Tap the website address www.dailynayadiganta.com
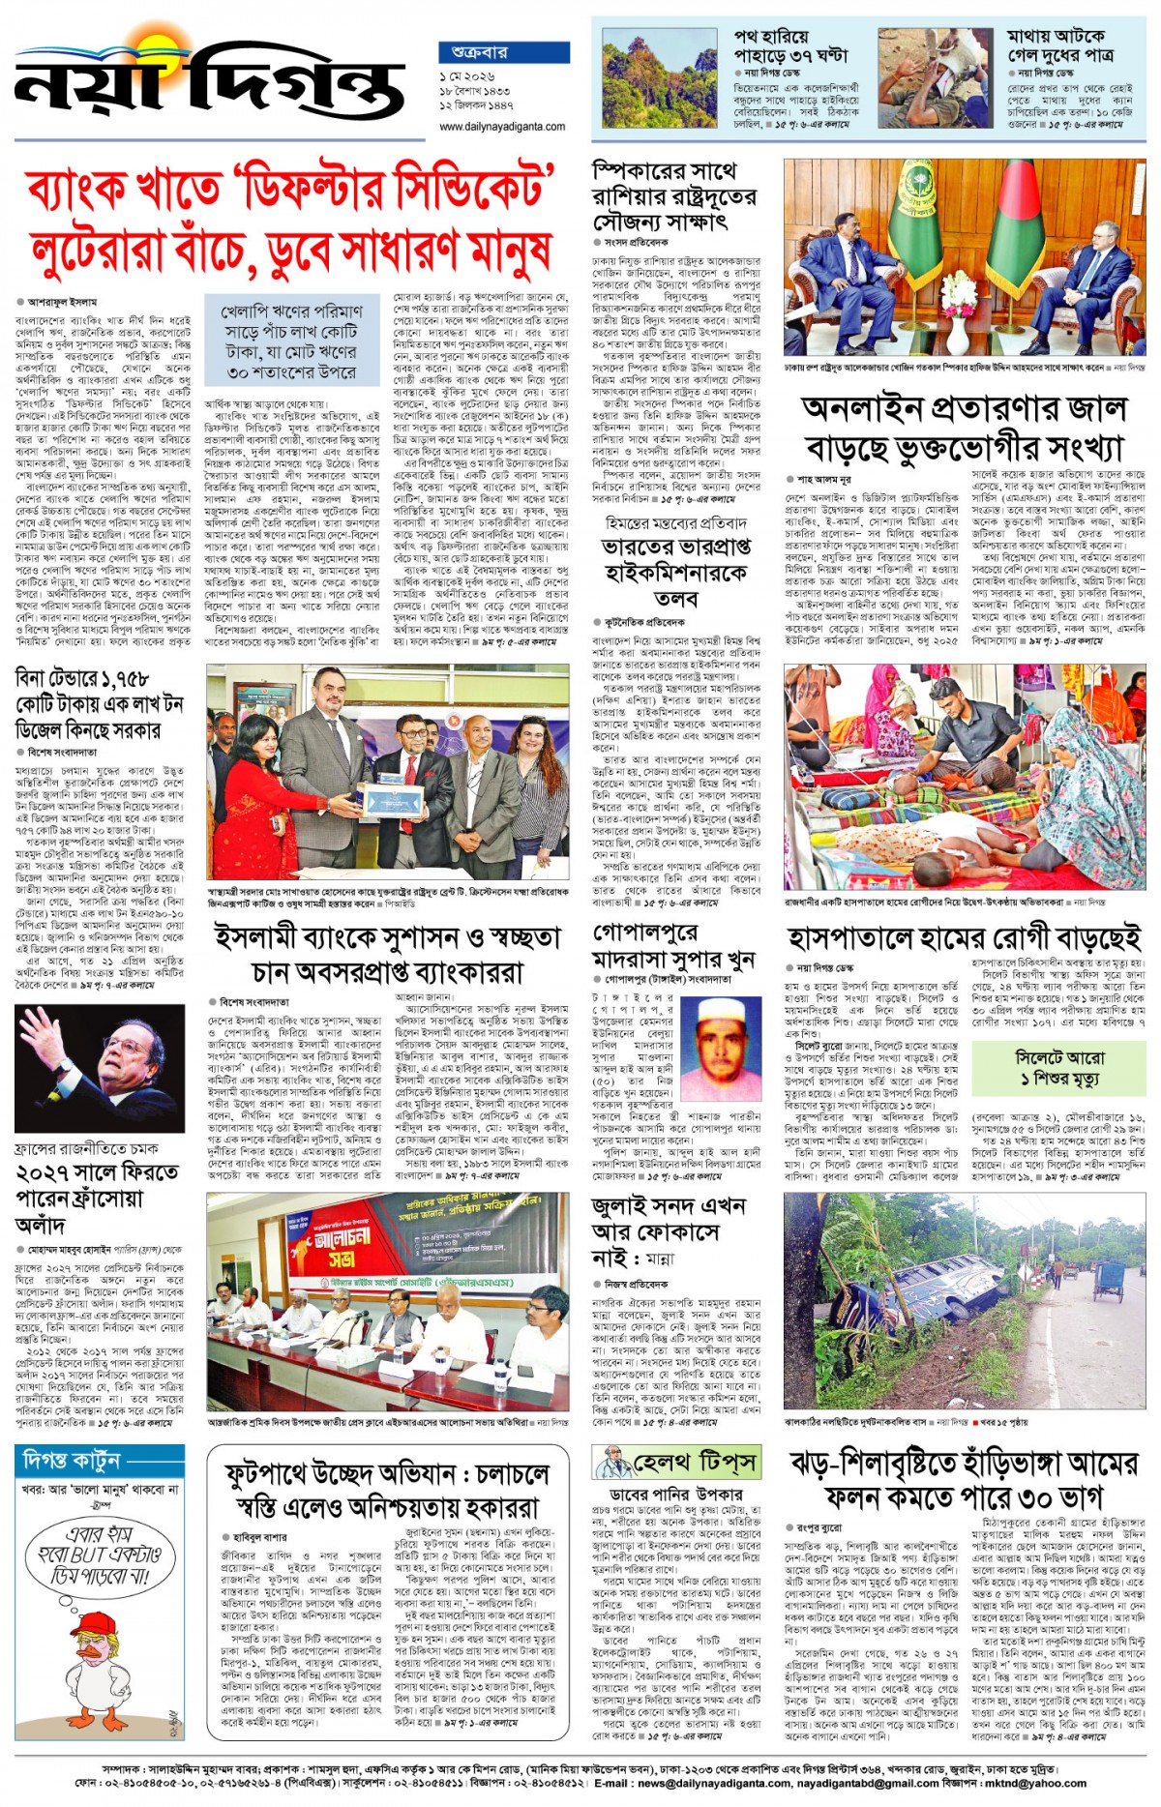tap(502, 127)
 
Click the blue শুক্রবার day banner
tap(503, 52)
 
